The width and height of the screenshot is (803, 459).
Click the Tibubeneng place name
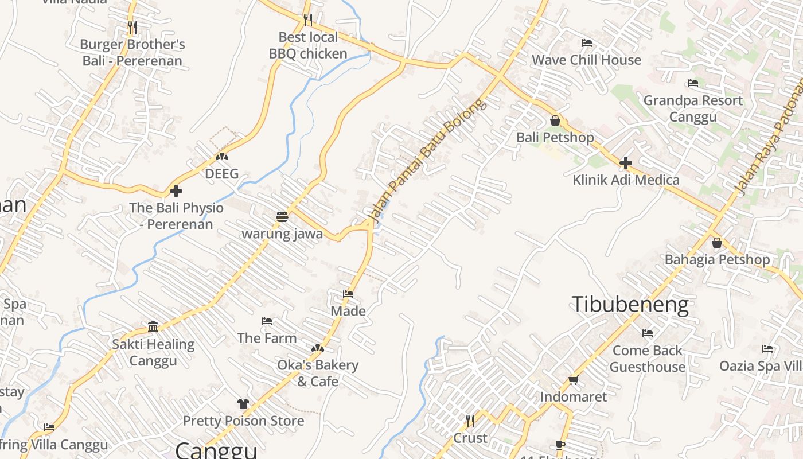pyautogui.click(x=630, y=305)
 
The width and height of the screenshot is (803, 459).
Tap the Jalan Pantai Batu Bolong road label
pyautogui.click(x=427, y=160)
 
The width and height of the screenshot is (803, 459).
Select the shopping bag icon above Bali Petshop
pyautogui.click(x=555, y=120)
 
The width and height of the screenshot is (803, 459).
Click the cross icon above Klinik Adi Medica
pyautogui.click(x=625, y=163)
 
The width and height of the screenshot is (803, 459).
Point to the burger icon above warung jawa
pyautogui.click(x=282, y=217)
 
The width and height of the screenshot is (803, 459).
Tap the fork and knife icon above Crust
pyautogui.click(x=470, y=422)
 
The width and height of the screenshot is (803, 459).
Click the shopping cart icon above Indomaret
pyautogui.click(x=572, y=380)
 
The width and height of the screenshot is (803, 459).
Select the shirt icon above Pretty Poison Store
pyautogui.click(x=243, y=404)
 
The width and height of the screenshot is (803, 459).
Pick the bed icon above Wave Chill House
pyautogui.click(x=586, y=43)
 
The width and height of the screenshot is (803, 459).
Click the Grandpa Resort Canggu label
pyautogui.click(x=693, y=108)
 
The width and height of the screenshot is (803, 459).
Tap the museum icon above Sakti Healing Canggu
pyautogui.click(x=153, y=327)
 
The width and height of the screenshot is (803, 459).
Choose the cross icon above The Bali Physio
pyautogui.click(x=176, y=190)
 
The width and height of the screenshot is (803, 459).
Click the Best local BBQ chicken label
pyautogui.click(x=308, y=45)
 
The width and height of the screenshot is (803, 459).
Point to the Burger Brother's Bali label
pyautogui.click(x=132, y=52)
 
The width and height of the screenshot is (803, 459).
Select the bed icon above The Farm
pyautogui.click(x=267, y=321)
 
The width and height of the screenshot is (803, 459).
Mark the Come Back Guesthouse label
pyautogui.click(x=648, y=359)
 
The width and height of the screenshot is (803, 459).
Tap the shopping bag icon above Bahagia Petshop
pyautogui.click(x=716, y=243)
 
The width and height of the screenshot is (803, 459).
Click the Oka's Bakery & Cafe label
pyautogui.click(x=318, y=373)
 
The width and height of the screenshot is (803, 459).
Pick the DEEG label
pyautogui.click(x=221, y=174)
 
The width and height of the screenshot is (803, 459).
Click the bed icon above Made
pyautogui.click(x=348, y=294)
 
